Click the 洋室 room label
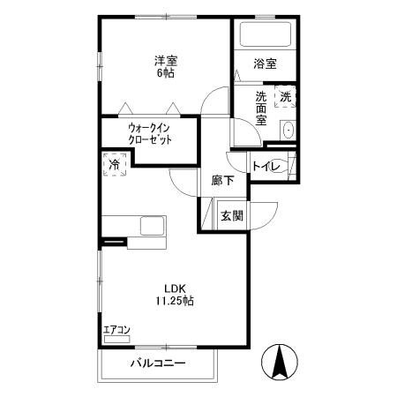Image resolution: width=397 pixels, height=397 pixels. point(166,60)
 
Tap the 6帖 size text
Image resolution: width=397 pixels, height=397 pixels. point(166,73)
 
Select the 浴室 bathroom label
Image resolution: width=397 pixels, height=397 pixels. point(265,64)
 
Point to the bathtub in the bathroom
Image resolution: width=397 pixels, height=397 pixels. point(266,35)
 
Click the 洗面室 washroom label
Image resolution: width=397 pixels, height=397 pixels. point(262,108)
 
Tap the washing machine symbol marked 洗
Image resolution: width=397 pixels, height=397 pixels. point(286,97)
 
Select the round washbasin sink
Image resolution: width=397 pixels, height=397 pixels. point(288,131)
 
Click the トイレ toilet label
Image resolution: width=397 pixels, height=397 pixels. point(266,166)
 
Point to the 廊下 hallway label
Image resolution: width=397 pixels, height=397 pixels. point(222,181)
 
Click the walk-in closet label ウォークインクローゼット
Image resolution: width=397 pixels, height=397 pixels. point(149,133)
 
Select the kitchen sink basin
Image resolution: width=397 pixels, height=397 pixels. point(150,228)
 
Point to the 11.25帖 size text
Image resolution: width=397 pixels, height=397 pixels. point(174,301)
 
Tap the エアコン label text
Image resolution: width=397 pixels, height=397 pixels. point(116,330)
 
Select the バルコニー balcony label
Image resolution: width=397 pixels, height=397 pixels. point(159,363)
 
